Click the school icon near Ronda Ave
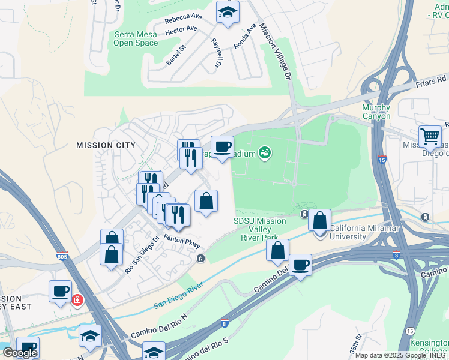pos(228,12)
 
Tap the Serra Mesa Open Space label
pos(136,39)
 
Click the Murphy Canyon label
pos(376,112)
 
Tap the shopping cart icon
pos(430,136)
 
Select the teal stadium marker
pos(264,154)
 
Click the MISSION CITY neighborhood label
pos(106,145)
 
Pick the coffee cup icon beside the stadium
pos(222,146)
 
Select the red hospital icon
pos(77,300)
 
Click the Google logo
pos(20,353)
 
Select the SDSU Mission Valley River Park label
pos(259,229)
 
